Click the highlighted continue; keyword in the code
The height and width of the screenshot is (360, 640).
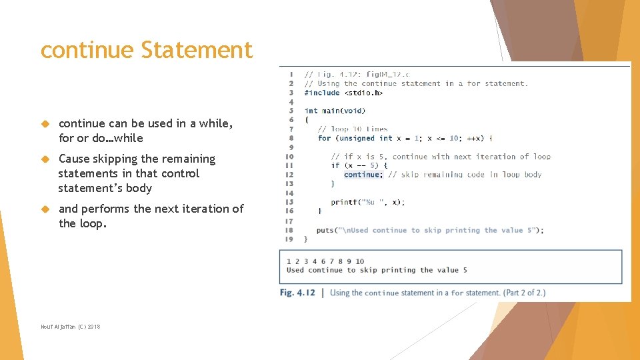[363, 175]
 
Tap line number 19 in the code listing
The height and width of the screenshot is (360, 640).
[289, 239]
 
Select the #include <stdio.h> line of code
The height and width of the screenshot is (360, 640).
[343, 93]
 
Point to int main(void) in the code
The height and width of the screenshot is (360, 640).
[335, 111]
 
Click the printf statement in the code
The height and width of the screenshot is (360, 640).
[367, 202]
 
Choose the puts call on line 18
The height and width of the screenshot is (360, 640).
[430, 230]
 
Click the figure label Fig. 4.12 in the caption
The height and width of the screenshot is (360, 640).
[297, 293]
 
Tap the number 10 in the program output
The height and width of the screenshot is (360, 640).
[359, 261]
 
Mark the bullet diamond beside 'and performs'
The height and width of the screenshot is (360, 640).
[45, 209]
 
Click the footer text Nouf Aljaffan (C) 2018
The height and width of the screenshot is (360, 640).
[70, 327]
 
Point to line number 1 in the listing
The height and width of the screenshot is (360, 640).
[291, 74]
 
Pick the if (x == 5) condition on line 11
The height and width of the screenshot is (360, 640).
[359, 165]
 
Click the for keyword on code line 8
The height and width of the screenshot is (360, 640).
[324, 138]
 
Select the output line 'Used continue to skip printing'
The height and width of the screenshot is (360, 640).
[377, 270]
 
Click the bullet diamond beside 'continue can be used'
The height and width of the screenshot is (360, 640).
[45, 123]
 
